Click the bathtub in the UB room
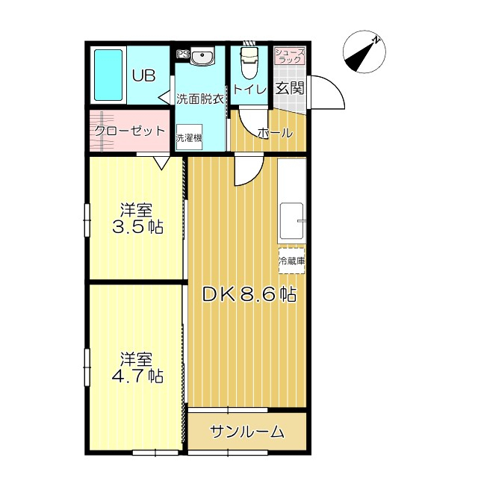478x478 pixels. tap(108, 75)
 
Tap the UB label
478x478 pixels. tap(144, 75)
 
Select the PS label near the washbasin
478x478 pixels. tap(183, 55)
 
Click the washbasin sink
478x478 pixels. tap(202, 55)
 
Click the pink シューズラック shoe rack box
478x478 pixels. tap(290, 55)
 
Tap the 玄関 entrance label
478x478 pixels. tap(290, 88)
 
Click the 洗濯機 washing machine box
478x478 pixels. tap(189, 137)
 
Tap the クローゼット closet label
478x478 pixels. tap(129, 131)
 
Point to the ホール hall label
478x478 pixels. tap(276, 133)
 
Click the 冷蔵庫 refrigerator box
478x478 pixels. tap(291, 261)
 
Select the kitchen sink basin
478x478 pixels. tap(292, 222)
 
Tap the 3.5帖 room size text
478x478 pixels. tap(137, 227)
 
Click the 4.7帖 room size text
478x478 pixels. tap(137, 376)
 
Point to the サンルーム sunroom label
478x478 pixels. tap(247, 432)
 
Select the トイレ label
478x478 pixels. tap(249, 90)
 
